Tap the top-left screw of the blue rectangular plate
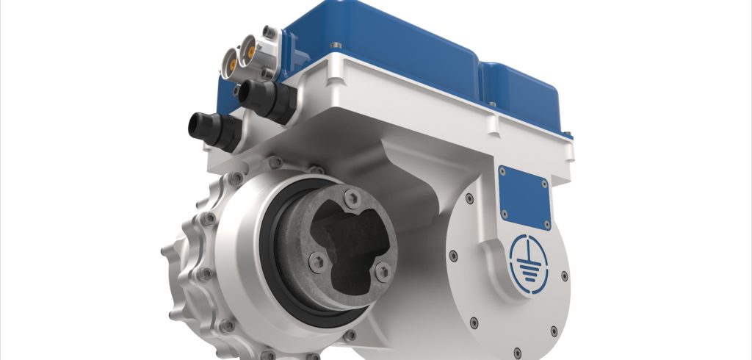point(503,171)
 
